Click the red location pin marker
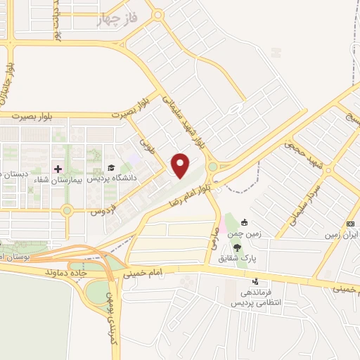coord(181,165)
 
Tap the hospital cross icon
coord(58,169)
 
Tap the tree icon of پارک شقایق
coord(238,247)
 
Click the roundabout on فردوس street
coord(67,210)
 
